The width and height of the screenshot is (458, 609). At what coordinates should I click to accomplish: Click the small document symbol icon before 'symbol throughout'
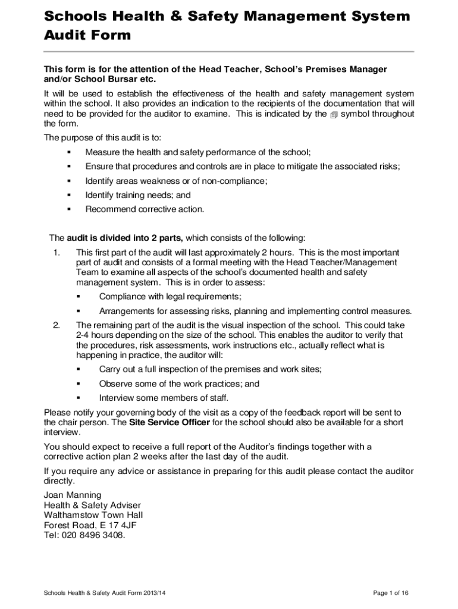(x=334, y=114)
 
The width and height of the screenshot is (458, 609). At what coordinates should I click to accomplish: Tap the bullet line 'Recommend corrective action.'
(x=145, y=209)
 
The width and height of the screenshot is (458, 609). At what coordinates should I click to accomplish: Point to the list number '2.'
(x=57, y=325)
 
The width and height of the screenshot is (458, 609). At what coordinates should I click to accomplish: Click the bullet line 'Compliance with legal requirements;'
(x=170, y=297)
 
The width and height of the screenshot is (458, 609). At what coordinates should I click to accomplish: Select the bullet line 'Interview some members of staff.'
(x=164, y=398)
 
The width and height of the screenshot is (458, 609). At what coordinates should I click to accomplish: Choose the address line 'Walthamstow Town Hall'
(x=93, y=515)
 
